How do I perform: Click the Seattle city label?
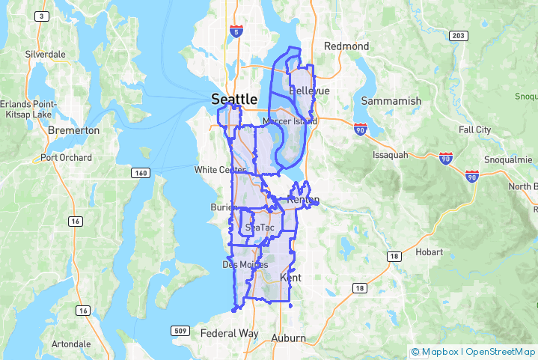click(x=234, y=98)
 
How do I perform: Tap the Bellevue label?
click(x=309, y=91)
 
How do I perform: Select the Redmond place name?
click(x=346, y=46)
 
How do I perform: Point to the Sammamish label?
click(x=391, y=100)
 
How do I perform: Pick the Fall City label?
click(x=474, y=129)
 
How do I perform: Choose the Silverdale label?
click(x=45, y=55)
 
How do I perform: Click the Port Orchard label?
click(x=67, y=158)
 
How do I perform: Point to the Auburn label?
click(x=288, y=338)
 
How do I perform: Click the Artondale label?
click(x=71, y=344)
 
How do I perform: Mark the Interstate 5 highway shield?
click(x=236, y=32)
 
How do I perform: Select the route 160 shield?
click(x=140, y=173)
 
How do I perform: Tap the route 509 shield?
click(x=179, y=330)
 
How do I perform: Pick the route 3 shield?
click(x=42, y=16)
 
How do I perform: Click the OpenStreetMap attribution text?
click(x=500, y=351)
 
